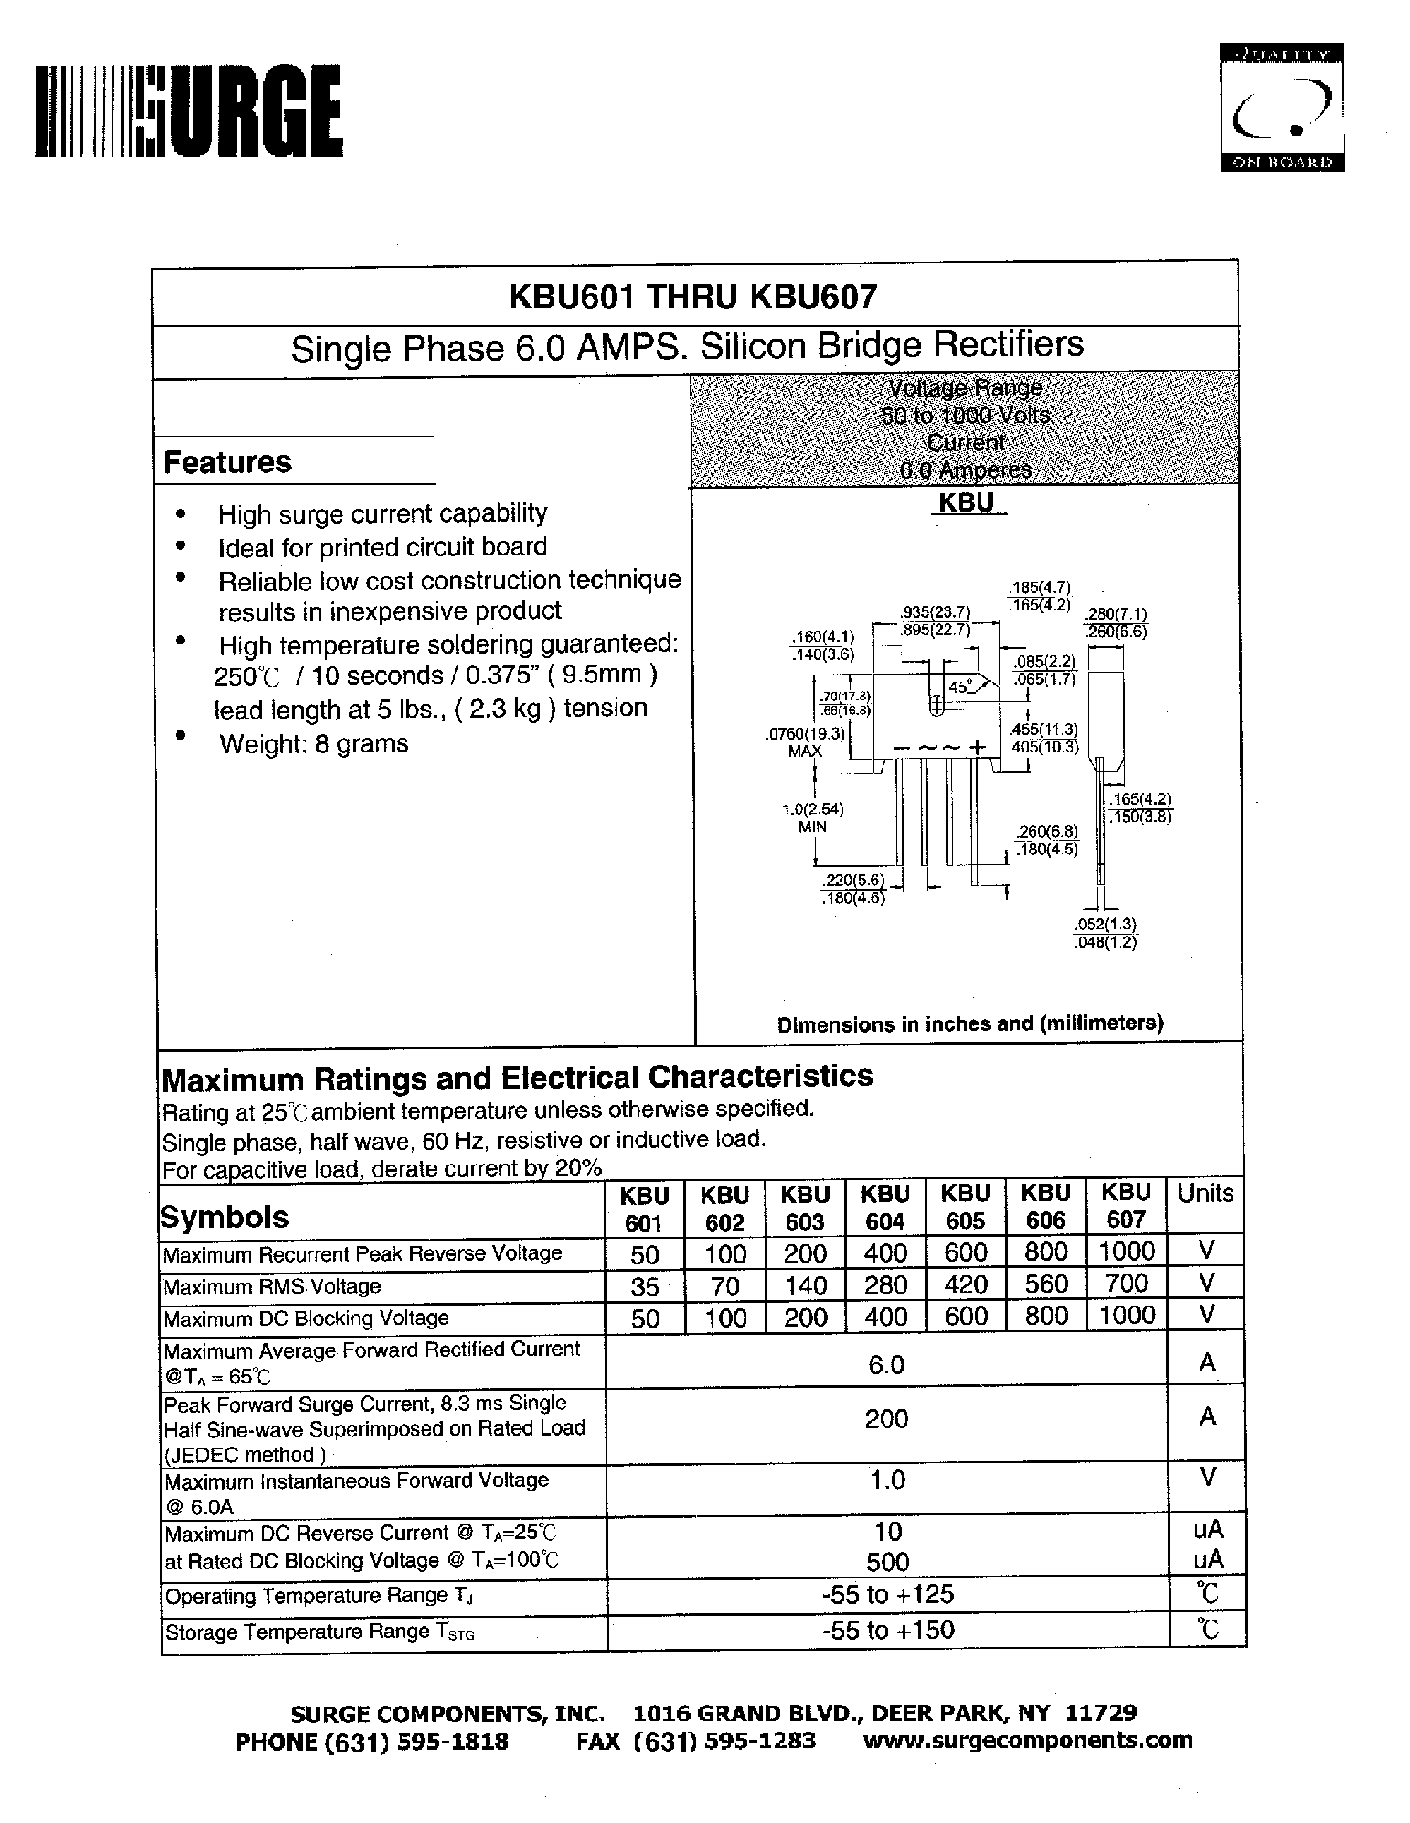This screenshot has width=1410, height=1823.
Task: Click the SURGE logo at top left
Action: (x=189, y=112)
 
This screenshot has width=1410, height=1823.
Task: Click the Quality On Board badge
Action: (x=1281, y=108)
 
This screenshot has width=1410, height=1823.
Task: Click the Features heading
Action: (x=227, y=462)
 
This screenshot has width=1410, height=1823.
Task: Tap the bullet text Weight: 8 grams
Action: (x=314, y=743)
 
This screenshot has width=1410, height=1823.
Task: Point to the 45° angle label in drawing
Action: (x=960, y=687)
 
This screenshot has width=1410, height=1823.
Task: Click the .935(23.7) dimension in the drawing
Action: (x=935, y=612)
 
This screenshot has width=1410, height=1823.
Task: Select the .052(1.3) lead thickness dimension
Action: (x=1105, y=924)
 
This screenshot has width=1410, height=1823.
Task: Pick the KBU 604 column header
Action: (x=885, y=1207)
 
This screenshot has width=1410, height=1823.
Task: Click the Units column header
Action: (x=1205, y=1193)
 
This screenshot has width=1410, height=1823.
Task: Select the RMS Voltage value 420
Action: (x=966, y=1284)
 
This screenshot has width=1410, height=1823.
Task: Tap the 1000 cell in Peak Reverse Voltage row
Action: (x=1126, y=1251)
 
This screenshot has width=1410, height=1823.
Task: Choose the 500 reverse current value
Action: (x=887, y=1561)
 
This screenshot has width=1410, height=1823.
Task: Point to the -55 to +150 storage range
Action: (x=888, y=1630)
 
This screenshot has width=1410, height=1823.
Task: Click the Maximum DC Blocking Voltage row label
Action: (x=306, y=1318)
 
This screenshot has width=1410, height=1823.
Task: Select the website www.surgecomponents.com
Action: (x=1027, y=1740)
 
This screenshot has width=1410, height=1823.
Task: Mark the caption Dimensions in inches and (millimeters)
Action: (x=969, y=1023)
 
